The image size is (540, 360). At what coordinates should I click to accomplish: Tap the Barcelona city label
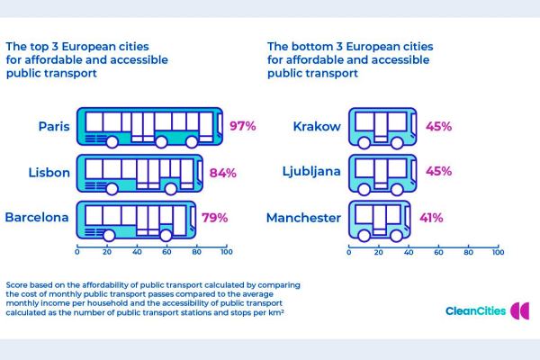pyautogui.click(x=37, y=218)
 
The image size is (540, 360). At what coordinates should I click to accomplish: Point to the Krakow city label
pyautogui.click(x=318, y=126)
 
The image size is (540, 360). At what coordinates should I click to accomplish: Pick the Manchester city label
pyautogui.click(x=304, y=218)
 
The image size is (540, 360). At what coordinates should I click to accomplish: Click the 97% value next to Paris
pyautogui.click(x=243, y=126)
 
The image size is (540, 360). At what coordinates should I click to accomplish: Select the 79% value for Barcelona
pyautogui.click(x=214, y=218)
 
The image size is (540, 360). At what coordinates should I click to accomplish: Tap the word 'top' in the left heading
pyautogui.click(x=40, y=45)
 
